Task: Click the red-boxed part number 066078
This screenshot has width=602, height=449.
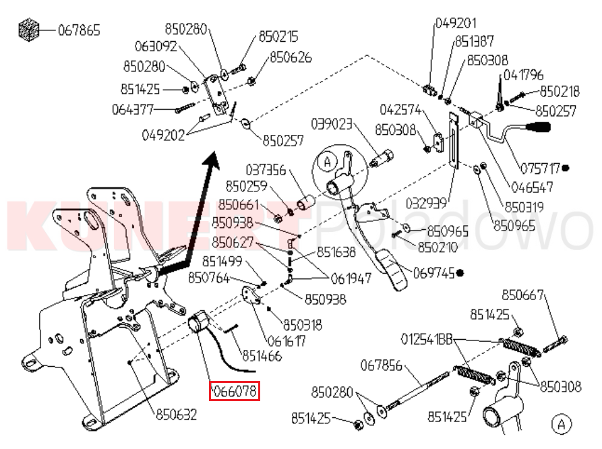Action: [235, 392]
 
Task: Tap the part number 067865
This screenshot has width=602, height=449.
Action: [79, 30]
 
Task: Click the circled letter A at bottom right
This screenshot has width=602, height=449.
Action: [561, 424]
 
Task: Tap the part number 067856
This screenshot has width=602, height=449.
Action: [382, 365]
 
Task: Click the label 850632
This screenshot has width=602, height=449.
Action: [177, 413]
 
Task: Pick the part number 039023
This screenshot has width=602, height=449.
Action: [332, 124]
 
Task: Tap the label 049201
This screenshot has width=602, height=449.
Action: [456, 24]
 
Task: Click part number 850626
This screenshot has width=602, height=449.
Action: [291, 58]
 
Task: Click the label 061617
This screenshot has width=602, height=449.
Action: [286, 341]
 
